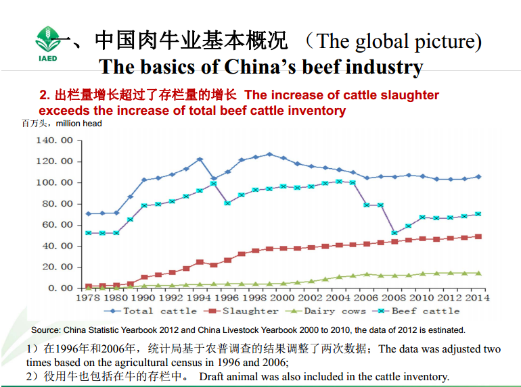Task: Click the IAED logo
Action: point(47,43)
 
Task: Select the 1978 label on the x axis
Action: point(88,298)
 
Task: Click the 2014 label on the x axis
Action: point(477,298)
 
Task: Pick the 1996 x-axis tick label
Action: point(227,298)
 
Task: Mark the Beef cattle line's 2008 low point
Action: point(394,233)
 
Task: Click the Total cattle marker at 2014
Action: point(478,176)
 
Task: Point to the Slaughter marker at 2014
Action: point(478,236)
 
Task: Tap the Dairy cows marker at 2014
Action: point(478,273)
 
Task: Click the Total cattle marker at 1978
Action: point(88,213)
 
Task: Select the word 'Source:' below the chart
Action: point(47,330)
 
